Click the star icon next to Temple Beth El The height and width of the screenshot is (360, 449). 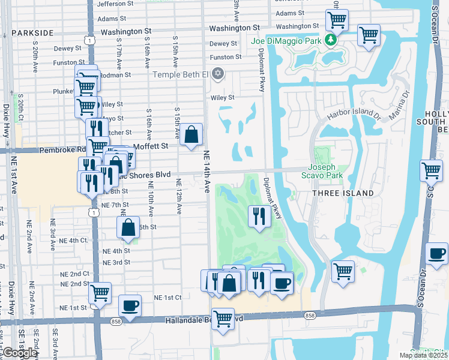click(218, 74)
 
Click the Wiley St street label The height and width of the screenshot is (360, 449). click(222, 97)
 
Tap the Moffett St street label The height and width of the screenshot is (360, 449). click(154, 146)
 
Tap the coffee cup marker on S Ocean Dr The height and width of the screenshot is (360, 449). click(436, 253)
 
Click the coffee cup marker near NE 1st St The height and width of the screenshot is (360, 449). click(130, 306)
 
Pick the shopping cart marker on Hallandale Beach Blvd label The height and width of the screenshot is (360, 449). click(223, 318)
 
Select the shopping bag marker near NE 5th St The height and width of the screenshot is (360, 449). click(128, 228)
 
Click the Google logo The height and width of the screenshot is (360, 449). click(20, 353)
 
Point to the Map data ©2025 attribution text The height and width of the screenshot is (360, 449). click(424, 355)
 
